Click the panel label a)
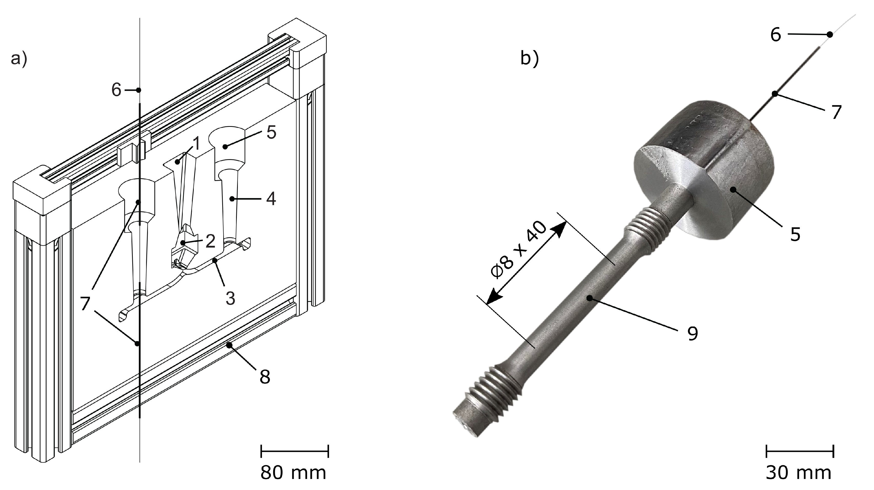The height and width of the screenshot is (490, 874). click(19, 59)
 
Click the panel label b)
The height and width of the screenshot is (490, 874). click(529, 59)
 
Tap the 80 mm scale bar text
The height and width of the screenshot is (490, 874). click(293, 473)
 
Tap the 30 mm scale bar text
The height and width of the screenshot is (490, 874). click(799, 473)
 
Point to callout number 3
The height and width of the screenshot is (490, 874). click(230, 298)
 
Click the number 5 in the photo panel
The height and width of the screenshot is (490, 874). click(795, 234)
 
